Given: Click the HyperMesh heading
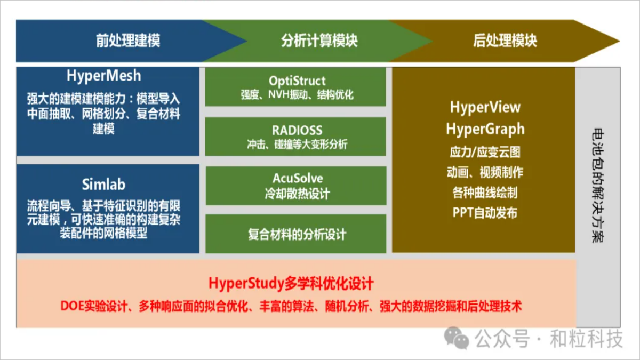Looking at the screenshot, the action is (x=103, y=76).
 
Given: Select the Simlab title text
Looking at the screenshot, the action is (x=103, y=185).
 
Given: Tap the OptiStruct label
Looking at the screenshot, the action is (x=297, y=81).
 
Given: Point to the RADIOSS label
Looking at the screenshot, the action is (x=297, y=130).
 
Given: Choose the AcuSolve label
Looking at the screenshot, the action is (x=298, y=178).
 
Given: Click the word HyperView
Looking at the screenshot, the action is (x=485, y=107).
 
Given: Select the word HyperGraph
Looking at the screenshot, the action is (x=485, y=129).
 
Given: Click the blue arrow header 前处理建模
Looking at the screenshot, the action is (x=127, y=41).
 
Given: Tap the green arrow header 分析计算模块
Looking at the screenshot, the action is (x=319, y=41).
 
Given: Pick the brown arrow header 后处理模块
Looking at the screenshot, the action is (x=505, y=41).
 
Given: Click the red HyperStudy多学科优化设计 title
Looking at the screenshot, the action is (x=291, y=283).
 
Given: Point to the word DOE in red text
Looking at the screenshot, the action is (x=73, y=306).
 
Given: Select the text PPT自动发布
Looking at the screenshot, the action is (x=485, y=213).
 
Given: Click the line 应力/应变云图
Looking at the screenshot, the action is (x=485, y=152).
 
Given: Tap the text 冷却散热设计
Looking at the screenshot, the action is (x=297, y=194).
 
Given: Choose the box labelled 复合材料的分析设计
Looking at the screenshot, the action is (x=295, y=234).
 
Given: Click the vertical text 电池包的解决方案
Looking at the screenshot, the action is (x=597, y=186).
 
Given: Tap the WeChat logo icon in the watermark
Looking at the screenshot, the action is (x=457, y=338).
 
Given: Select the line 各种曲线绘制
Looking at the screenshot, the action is (x=485, y=193).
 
